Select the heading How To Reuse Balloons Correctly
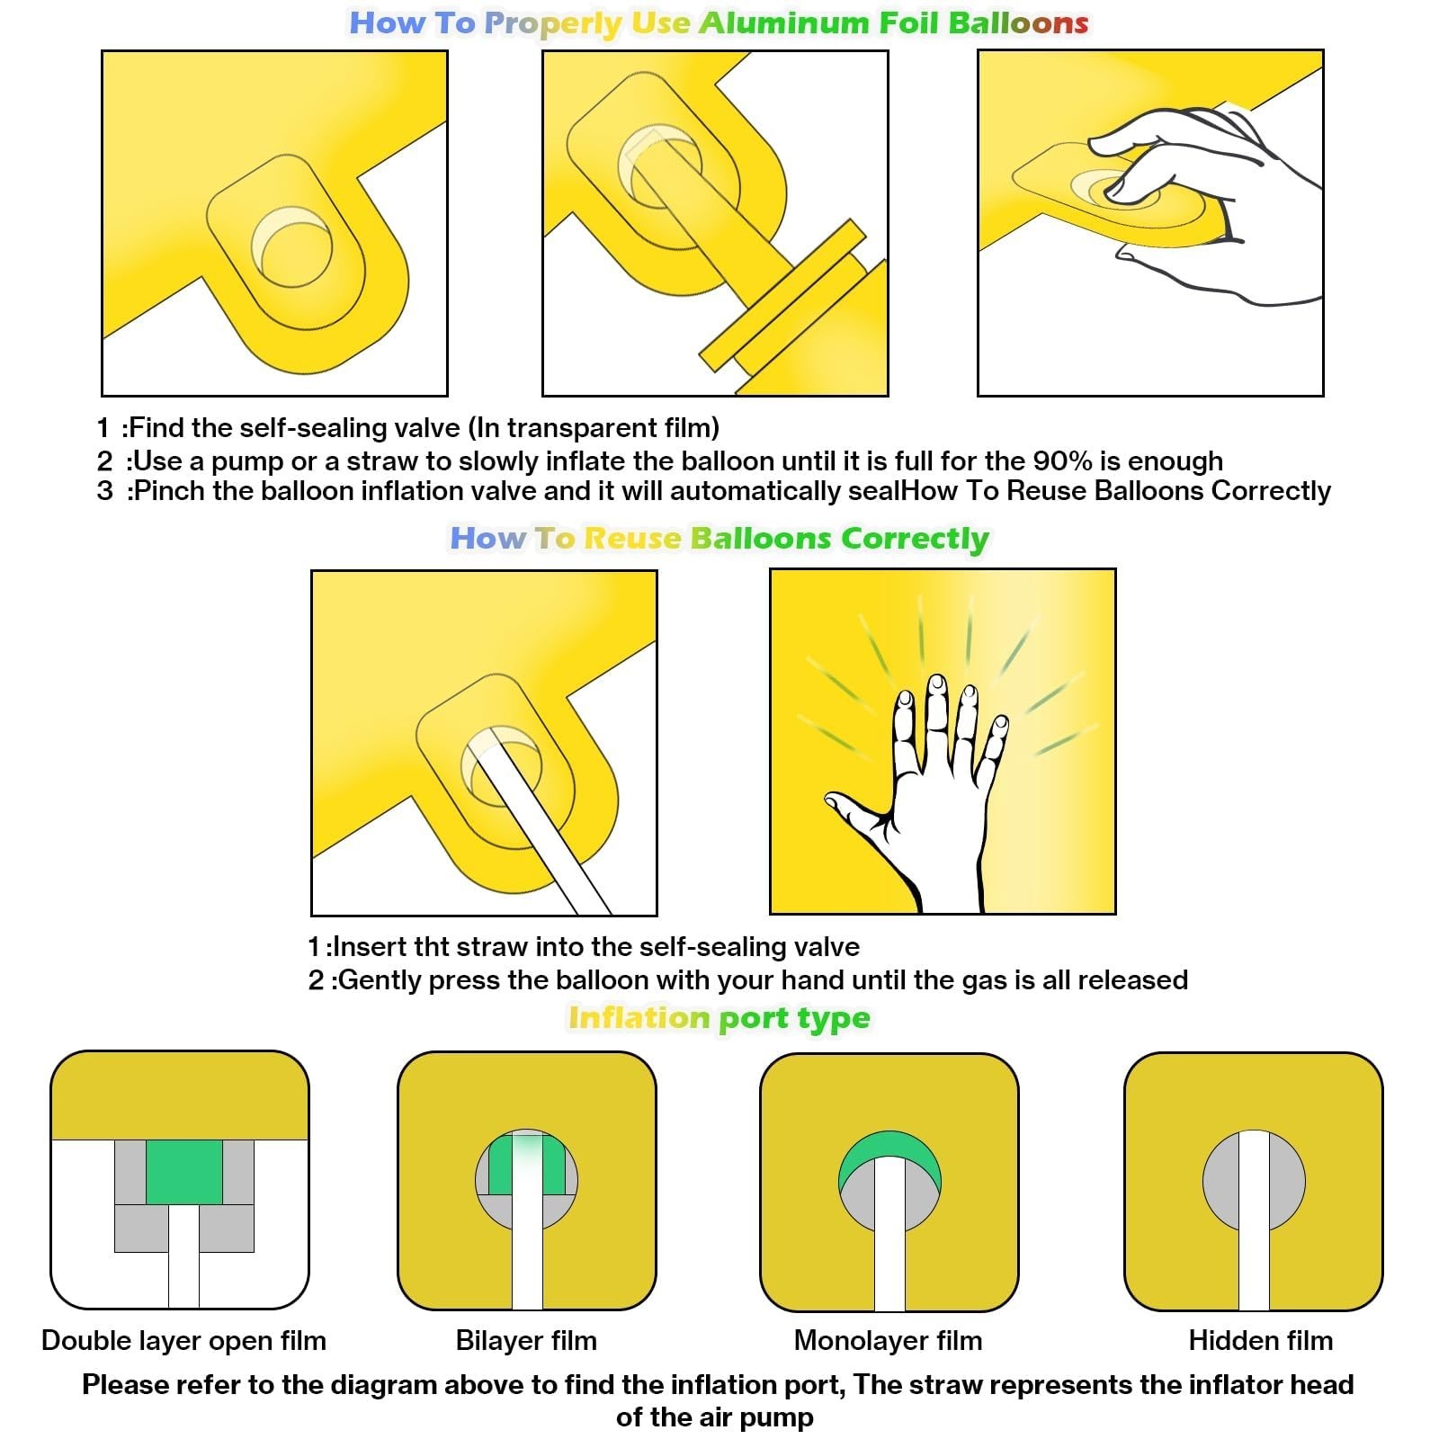(x=719, y=538)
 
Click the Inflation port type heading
(x=719, y=1017)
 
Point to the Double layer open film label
(x=183, y=1340)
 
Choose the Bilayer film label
(x=526, y=1340)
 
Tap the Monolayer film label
(x=888, y=1340)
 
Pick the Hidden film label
(x=1261, y=1340)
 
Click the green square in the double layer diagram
(x=184, y=1172)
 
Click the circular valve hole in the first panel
(x=291, y=247)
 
